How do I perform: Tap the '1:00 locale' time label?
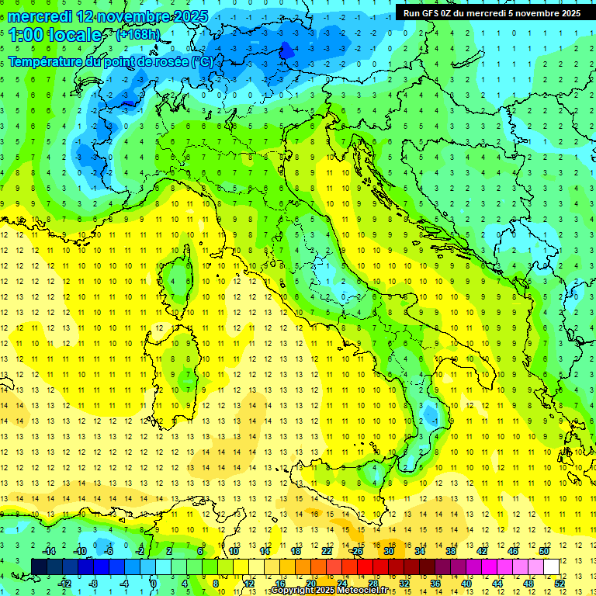pos(55,35)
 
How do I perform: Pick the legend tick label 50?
pos(543,551)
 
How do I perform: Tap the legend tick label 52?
pos(560,583)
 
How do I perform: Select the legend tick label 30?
pos(389,551)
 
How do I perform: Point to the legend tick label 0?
pos(154,583)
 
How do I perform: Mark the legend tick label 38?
pos(451,551)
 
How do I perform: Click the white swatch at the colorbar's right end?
pos(551,567)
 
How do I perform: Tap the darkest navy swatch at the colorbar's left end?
pos(40,567)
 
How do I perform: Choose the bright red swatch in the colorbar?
pos(366,567)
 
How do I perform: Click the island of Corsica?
pos(180,275)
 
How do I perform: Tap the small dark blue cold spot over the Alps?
pos(286,51)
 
